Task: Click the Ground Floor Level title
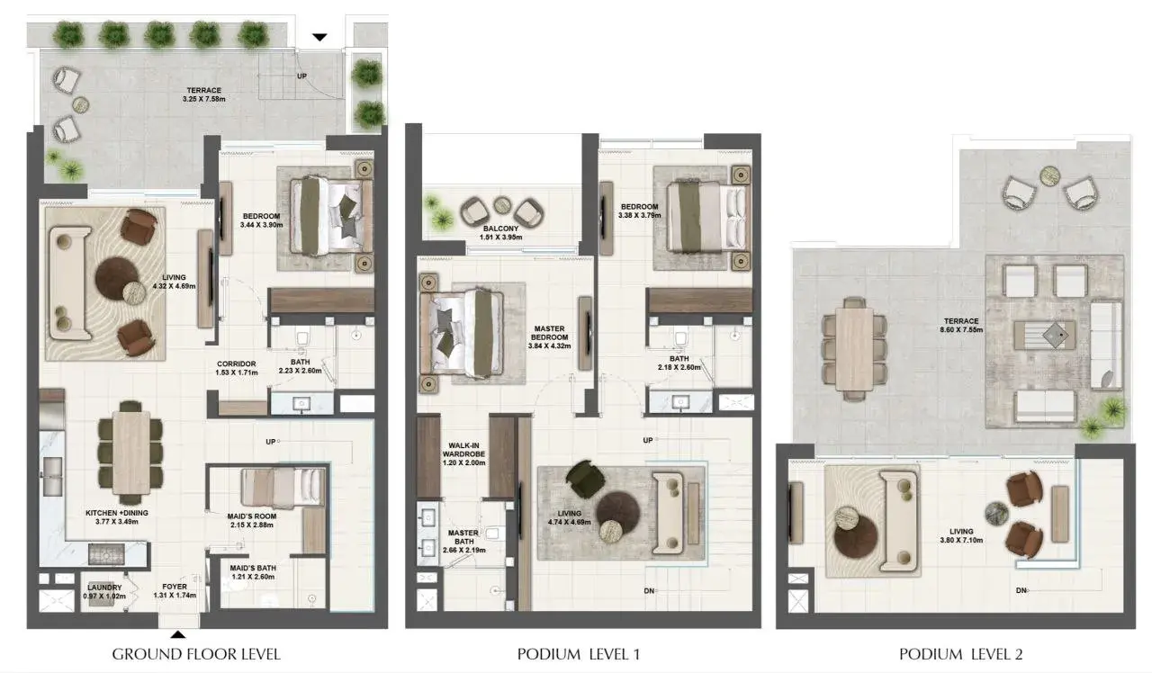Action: [x=196, y=654]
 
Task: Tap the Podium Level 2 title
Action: [x=960, y=654]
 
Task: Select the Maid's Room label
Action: [x=251, y=516]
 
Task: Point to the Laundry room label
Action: [x=104, y=588]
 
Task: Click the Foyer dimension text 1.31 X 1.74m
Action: [x=175, y=596]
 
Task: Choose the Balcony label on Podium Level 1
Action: [x=500, y=229]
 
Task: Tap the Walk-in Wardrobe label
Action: [x=463, y=450]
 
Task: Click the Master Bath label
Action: [x=463, y=537]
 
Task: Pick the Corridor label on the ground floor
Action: [x=236, y=364]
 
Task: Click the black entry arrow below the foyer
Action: [x=178, y=635]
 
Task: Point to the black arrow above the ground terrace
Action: [x=319, y=37]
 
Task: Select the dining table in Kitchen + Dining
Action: [x=131, y=452]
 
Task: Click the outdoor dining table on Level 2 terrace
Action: [x=854, y=349]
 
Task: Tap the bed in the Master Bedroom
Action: [x=462, y=333]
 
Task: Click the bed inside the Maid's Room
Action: [x=283, y=488]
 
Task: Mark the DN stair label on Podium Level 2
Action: [x=1021, y=591]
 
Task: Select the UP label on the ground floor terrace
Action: [x=301, y=76]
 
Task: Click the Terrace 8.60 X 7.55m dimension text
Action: [x=961, y=329]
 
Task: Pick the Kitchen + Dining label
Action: [x=117, y=513]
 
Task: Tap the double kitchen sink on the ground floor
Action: [x=52, y=476]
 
